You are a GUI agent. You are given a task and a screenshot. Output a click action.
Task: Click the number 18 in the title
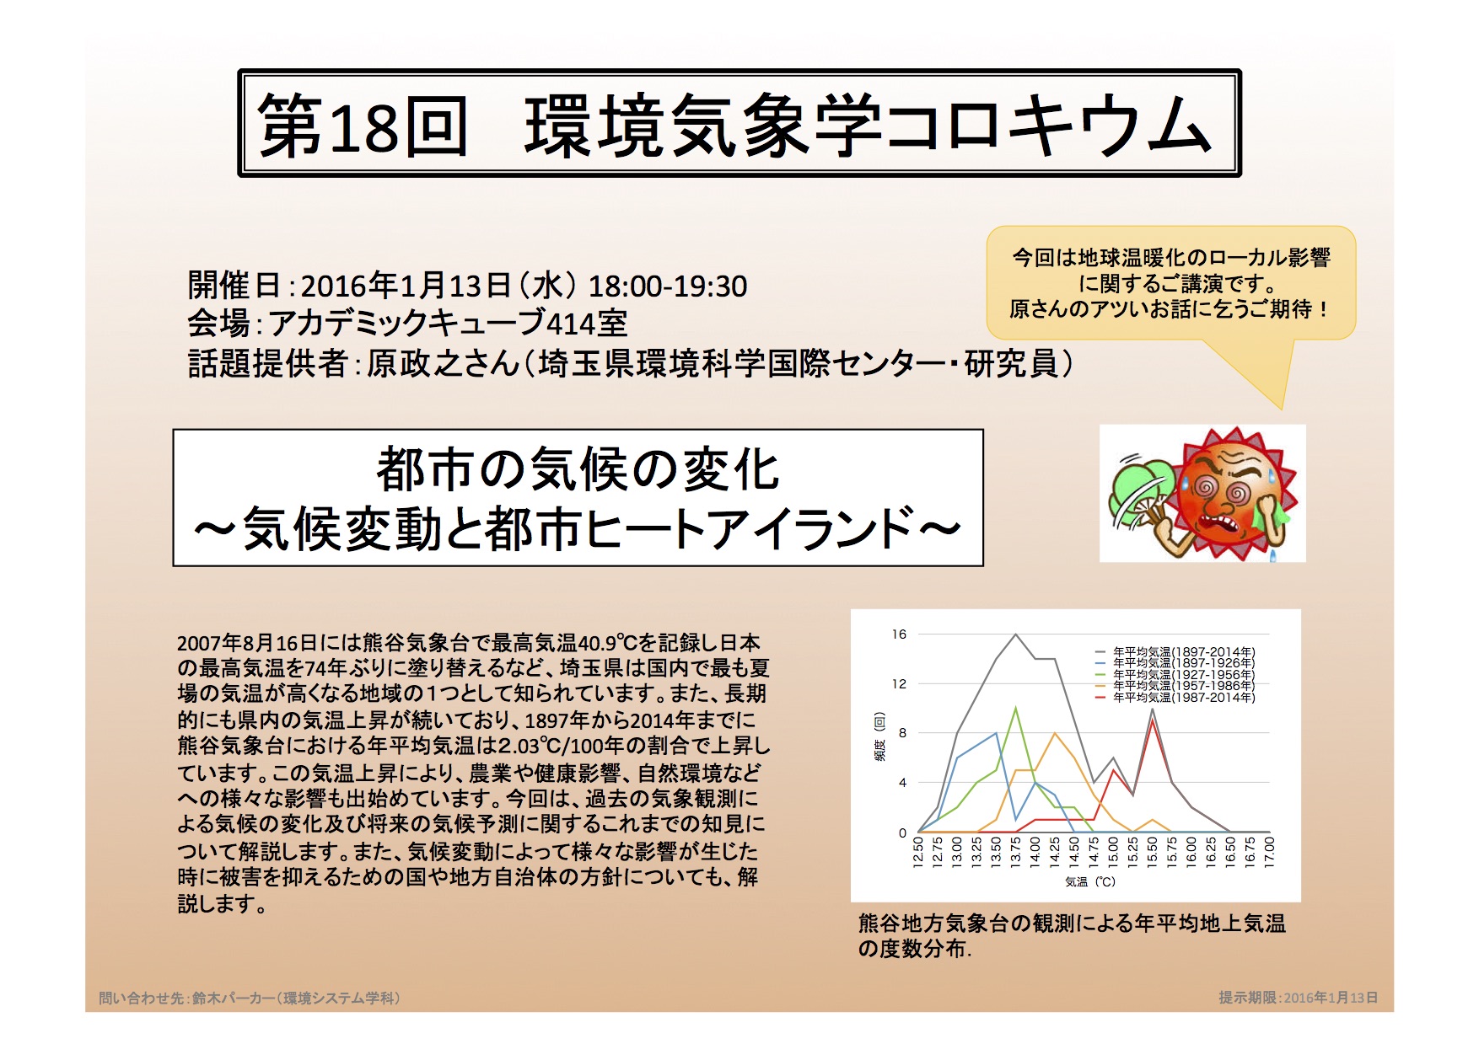tap(363, 126)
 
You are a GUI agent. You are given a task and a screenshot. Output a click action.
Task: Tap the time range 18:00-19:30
tap(667, 286)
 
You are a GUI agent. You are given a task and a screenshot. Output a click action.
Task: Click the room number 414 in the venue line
tap(572, 324)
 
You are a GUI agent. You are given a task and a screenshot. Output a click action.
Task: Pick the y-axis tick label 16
tap(899, 634)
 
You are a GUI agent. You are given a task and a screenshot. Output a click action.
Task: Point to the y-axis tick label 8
tap(902, 733)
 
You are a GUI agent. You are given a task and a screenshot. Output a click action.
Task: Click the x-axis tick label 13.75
tap(1015, 851)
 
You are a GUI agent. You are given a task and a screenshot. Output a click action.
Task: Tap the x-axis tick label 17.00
tap(1269, 851)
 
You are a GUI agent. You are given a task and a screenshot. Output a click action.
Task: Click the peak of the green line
tap(1016, 708)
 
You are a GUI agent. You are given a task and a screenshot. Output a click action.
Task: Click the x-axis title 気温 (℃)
tap(1089, 881)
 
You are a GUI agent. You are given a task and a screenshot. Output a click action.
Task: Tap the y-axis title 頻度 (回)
tap(879, 736)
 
